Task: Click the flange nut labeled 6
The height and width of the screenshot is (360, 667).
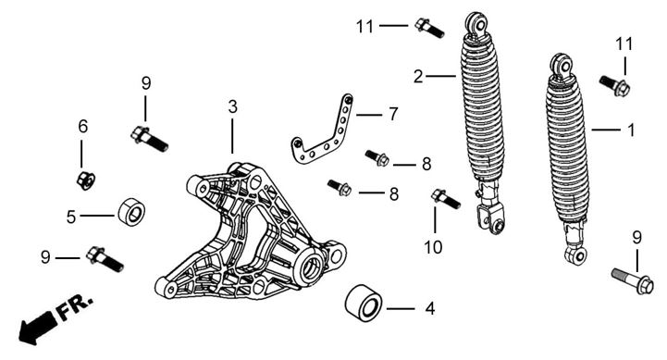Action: (x=86, y=180)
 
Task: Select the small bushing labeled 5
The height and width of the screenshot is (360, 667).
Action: (x=131, y=212)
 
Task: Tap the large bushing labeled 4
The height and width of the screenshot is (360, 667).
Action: (x=364, y=303)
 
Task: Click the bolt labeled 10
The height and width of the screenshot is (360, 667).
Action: (x=446, y=199)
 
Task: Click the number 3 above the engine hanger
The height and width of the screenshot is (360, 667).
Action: (x=232, y=107)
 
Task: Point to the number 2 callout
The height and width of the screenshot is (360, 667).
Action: (x=418, y=77)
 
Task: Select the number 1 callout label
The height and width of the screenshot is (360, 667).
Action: (x=631, y=130)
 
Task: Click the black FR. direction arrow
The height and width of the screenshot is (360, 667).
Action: (x=37, y=326)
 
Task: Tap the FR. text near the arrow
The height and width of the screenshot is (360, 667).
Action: (x=75, y=307)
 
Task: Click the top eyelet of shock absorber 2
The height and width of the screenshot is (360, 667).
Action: (x=476, y=23)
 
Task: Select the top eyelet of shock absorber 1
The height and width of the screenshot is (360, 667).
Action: (x=562, y=65)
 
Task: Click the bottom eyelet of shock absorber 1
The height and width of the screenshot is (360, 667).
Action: (x=577, y=254)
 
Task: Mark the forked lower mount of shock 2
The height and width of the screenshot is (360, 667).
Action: (x=491, y=217)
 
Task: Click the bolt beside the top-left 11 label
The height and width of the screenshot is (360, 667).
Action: (x=429, y=28)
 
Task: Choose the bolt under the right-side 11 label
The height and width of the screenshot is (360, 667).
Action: (x=614, y=85)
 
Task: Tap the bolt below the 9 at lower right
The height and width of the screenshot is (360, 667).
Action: (x=633, y=280)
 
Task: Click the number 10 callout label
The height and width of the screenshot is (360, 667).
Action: (x=433, y=247)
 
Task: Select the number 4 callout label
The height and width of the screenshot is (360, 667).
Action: (x=430, y=308)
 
